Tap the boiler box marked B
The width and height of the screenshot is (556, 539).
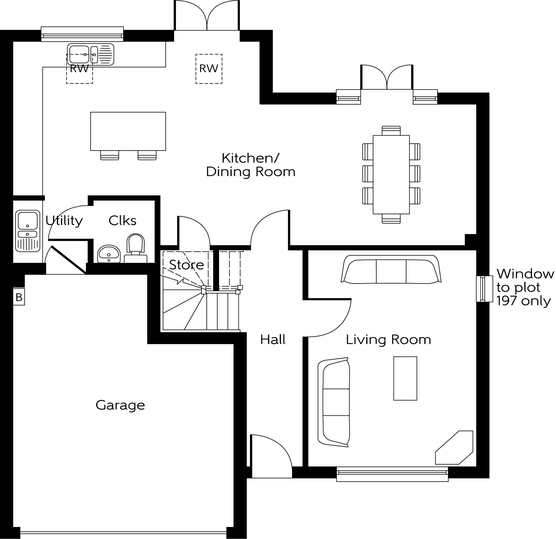pyautogui.click(x=19, y=297)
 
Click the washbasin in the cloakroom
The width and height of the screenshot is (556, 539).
pyautogui.click(x=109, y=253)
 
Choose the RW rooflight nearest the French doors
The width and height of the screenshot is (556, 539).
pyautogui.click(x=209, y=69)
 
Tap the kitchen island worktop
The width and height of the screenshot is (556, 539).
pyautogui.click(x=128, y=131)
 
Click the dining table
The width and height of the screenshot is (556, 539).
pyautogui.click(x=391, y=175)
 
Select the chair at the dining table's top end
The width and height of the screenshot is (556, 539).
pyautogui.click(x=391, y=131)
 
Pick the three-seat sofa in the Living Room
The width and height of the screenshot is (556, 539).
pyautogui.click(x=391, y=269)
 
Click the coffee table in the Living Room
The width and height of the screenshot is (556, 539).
pyautogui.click(x=405, y=378)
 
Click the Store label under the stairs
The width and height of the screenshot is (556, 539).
pyautogui.click(x=187, y=265)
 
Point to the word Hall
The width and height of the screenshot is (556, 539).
pyautogui.click(x=273, y=340)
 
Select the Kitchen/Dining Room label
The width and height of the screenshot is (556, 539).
pyautogui.click(x=250, y=165)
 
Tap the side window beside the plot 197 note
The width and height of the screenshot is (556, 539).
pyautogui.click(x=484, y=289)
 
